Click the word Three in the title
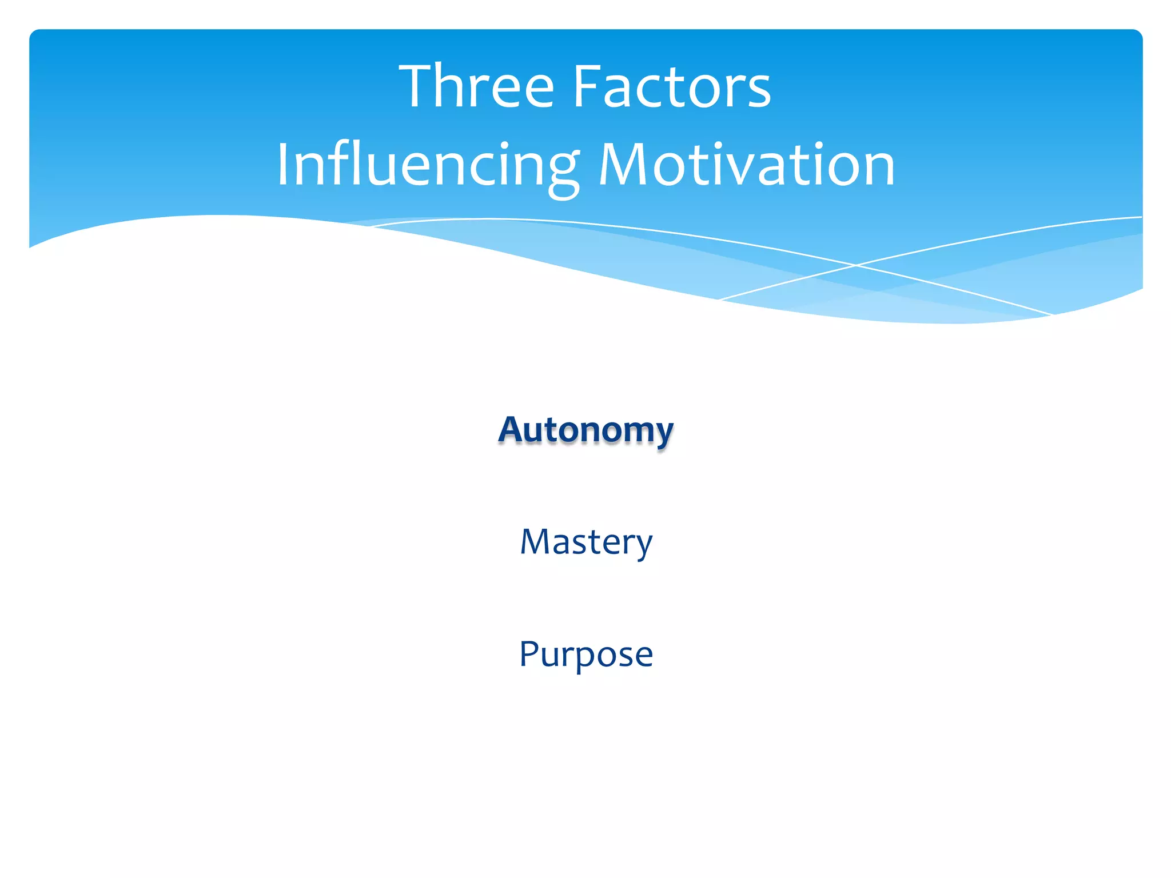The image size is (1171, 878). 476,86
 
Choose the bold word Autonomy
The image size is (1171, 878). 585,430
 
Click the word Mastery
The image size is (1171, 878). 585,542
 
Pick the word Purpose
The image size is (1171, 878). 585,654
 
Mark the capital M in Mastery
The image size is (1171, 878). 536,542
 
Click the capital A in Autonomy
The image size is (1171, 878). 512,430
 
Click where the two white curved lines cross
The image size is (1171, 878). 855,265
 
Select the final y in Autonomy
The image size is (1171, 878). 662,434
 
